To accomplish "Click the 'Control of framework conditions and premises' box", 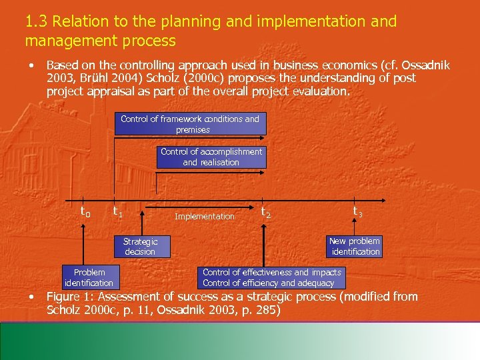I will coord(189,124).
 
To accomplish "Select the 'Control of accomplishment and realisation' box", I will coord(211,157).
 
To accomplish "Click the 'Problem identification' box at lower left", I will coord(89,277).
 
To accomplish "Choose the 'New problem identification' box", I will coord(354,246).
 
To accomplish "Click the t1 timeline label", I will coord(117,213).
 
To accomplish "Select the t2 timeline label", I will coord(265,213).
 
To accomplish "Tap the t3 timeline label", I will coord(358,211).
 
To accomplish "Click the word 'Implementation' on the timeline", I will coord(205,216).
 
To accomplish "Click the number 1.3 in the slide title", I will coord(36,21).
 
